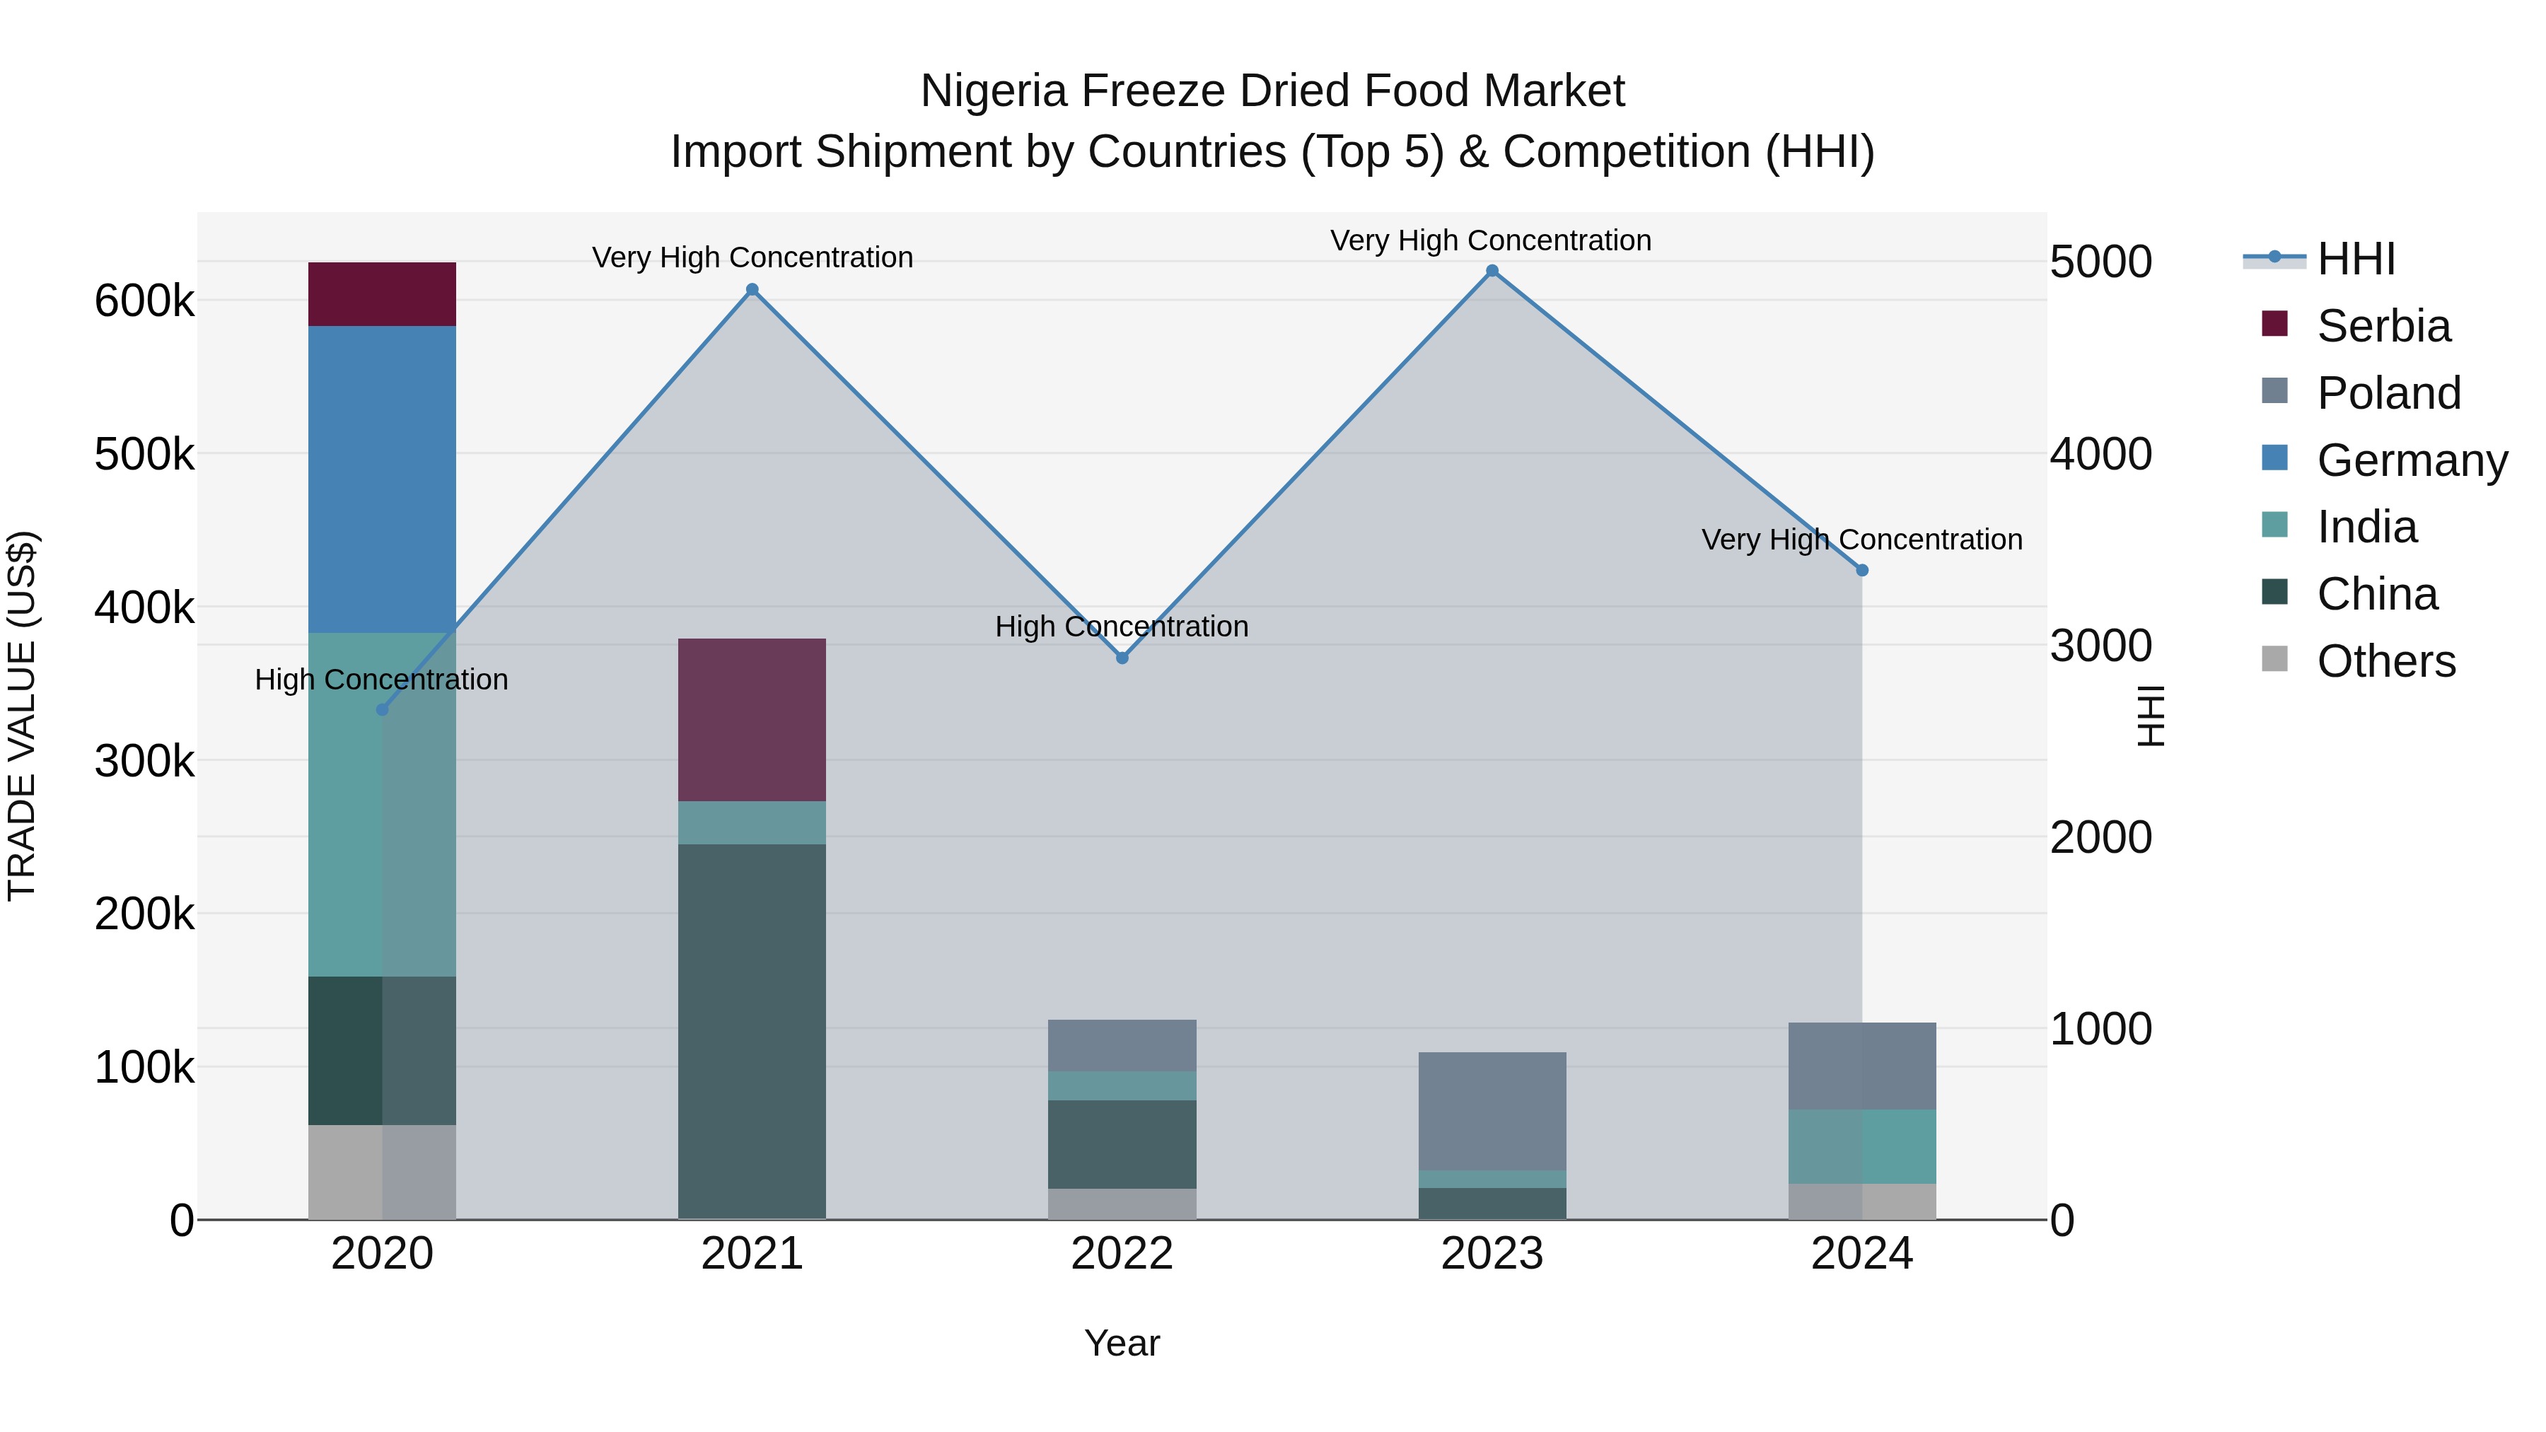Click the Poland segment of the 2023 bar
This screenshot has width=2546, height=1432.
click(x=1492, y=1111)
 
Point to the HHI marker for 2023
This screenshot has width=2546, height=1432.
click(x=1492, y=271)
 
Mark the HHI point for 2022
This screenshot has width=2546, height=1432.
click(x=1122, y=657)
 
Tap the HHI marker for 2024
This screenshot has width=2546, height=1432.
click(x=1861, y=570)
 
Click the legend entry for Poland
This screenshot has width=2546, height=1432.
click(x=2387, y=393)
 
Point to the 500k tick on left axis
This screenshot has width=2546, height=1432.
click(x=144, y=455)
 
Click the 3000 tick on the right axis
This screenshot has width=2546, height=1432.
click(x=2100, y=646)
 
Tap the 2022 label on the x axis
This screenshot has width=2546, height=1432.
click(x=1122, y=1254)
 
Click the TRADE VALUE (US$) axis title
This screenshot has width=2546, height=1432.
click(x=22, y=716)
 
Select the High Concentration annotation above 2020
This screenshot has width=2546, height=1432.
click(x=381, y=680)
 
